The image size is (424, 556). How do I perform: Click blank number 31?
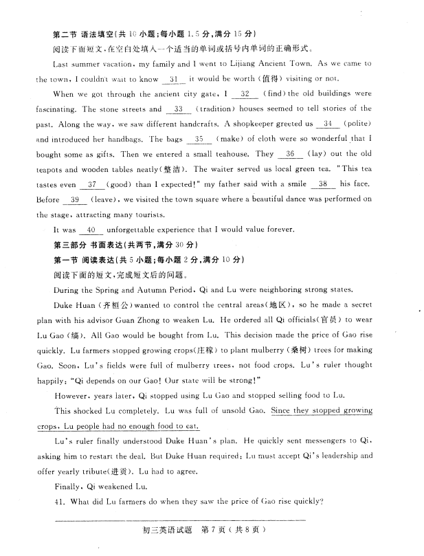click(x=173, y=79)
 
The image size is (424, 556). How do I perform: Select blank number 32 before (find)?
click(x=245, y=93)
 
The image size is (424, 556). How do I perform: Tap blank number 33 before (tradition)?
click(x=179, y=109)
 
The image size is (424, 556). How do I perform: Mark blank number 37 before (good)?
click(x=90, y=184)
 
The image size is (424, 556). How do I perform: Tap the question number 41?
click(x=59, y=501)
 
